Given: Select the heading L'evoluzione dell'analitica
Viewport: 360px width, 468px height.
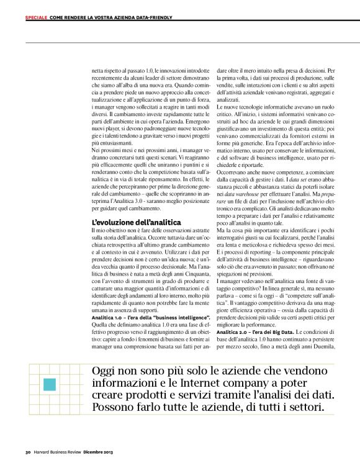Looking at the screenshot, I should coord(136,222).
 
